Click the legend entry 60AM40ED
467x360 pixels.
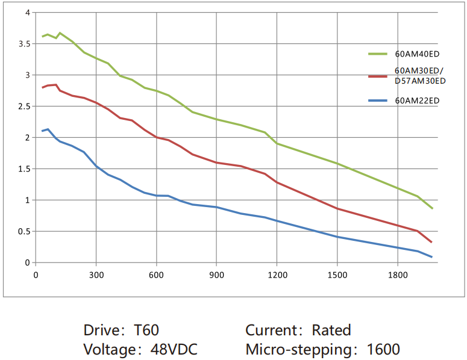pos(413,54)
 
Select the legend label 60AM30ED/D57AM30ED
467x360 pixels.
pos(420,76)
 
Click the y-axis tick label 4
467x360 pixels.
pos(27,13)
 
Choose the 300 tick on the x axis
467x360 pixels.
pos(96,275)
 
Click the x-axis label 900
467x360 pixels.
pos(217,275)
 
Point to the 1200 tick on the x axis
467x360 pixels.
pos(277,275)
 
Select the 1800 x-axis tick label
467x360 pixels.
pos(397,275)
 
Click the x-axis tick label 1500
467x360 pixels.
pos(337,275)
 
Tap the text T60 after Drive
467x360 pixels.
pos(146,330)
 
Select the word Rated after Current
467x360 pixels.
pos(331,330)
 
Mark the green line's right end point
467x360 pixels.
pos(432,208)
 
